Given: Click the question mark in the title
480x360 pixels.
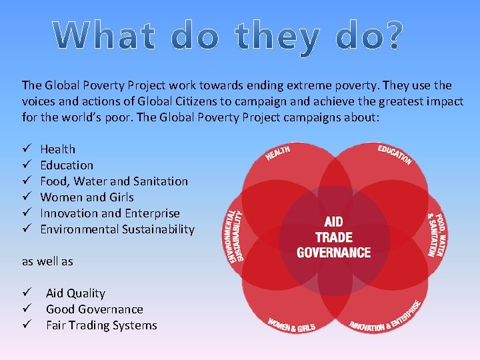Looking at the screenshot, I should click(392, 37).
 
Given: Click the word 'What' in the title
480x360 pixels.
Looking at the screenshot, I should click(111, 37).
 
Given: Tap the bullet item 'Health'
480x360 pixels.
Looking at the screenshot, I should click(58, 149).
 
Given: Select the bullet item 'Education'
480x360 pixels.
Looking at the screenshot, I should click(67, 165).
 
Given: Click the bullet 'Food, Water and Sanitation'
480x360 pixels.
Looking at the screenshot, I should click(114, 181).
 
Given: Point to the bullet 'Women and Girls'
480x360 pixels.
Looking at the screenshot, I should click(87, 197).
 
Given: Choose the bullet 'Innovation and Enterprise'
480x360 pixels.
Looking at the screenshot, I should click(110, 213).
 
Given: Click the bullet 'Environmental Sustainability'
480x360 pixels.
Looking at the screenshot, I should click(117, 229).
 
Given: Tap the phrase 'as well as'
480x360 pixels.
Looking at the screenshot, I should click(47, 261).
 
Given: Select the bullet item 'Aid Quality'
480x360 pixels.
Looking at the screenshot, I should click(75, 293).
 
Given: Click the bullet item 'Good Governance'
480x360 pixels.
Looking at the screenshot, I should click(95, 309).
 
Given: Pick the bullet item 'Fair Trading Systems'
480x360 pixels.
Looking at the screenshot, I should click(101, 325).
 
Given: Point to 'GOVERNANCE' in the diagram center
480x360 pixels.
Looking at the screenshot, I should click(333, 253).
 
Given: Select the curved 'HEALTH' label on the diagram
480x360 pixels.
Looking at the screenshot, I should click(277, 153).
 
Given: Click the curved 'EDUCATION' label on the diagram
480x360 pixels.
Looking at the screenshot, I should click(395, 154).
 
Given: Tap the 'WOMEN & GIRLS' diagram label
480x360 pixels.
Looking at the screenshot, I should click(291, 324).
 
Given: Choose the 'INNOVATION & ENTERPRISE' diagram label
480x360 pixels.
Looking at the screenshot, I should click(387, 316).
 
